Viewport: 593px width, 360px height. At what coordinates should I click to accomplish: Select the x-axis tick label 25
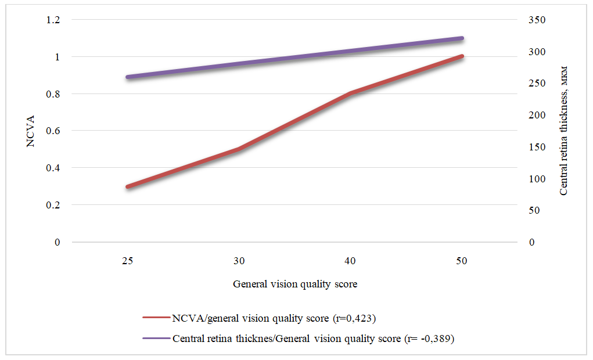(127, 261)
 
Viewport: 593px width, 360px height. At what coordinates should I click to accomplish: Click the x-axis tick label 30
(239, 261)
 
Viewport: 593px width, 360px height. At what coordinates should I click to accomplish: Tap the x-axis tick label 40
(350, 261)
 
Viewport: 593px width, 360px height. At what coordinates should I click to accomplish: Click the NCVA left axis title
(32, 131)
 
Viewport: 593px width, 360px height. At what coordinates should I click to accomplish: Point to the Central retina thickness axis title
(563, 131)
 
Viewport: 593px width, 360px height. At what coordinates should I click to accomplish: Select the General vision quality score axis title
(295, 285)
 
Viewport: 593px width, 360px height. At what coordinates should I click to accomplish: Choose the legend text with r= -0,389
(313, 339)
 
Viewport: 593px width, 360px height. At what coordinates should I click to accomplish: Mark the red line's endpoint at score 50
(462, 56)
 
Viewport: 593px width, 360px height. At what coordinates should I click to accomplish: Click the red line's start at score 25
(128, 186)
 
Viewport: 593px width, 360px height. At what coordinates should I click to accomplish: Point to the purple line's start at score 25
(128, 77)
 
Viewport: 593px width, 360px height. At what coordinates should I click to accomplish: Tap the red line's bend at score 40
(350, 93)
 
